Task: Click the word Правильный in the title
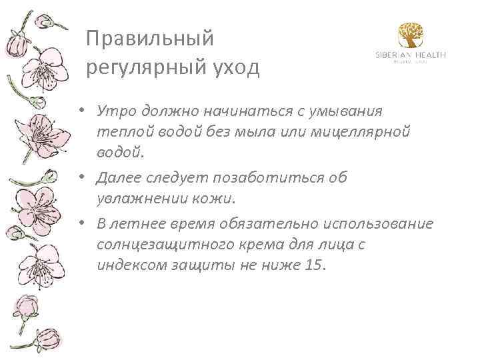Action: coord(151,39)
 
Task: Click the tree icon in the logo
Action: coord(410,35)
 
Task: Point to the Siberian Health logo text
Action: coord(410,55)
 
